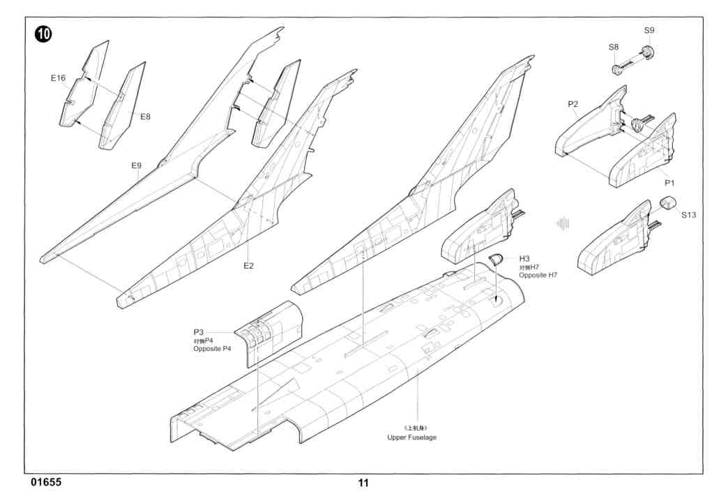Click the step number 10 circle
click(43, 34)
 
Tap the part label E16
click(58, 78)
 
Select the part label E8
click(145, 117)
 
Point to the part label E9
click(137, 165)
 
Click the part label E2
click(248, 266)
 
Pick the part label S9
click(649, 31)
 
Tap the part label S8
click(613, 47)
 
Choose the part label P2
click(572, 104)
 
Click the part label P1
click(669, 183)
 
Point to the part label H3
click(525, 259)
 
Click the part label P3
click(199, 331)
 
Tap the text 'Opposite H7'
click(538, 276)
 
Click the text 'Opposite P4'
click(212, 348)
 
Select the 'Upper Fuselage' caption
click(413, 437)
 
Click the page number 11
click(363, 483)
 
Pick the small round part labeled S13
click(668, 204)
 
